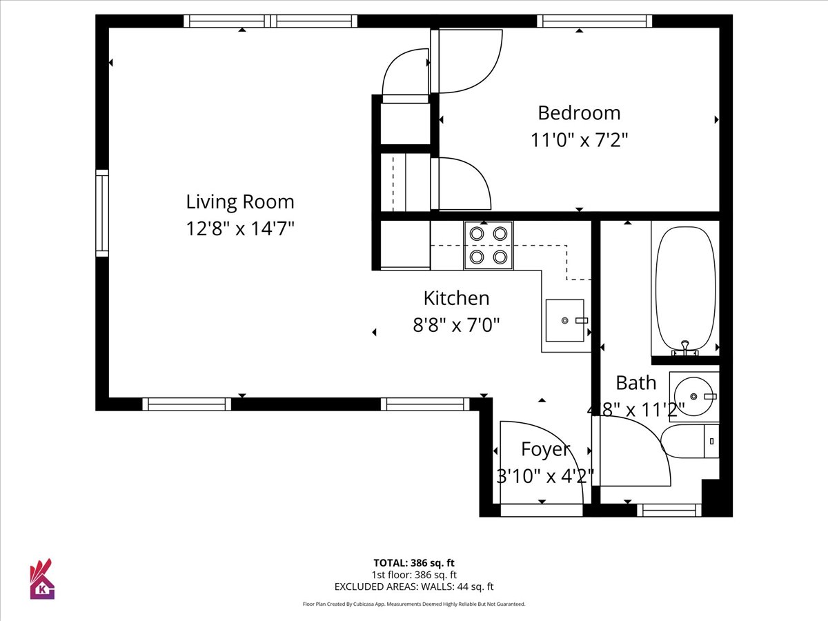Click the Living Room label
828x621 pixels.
pyautogui.click(x=240, y=201)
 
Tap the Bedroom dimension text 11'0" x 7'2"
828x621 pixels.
pyautogui.click(x=579, y=140)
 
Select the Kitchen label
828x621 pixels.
pyautogui.click(x=457, y=298)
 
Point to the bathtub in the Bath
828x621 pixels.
pyautogui.click(x=685, y=288)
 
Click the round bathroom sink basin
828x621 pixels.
pyautogui.click(x=693, y=396)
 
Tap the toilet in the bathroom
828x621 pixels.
pyautogui.click(x=690, y=441)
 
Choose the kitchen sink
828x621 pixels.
pyautogui.click(x=564, y=320)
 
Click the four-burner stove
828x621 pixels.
pyautogui.click(x=489, y=246)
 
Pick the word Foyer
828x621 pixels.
pyautogui.click(x=545, y=449)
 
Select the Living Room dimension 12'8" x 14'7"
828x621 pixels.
pyautogui.click(x=240, y=228)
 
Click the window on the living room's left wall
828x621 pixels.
pyautogui.click(x=102, y=213)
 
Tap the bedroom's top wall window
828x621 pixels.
pyautogui.click(x=595, y=21)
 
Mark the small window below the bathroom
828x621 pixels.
pyautogui.click(x=669, y=511)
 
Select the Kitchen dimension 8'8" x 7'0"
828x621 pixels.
pyautogui.click(x=457, y=325)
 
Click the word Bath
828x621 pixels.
pyautogui.click(x=636, y=383)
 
